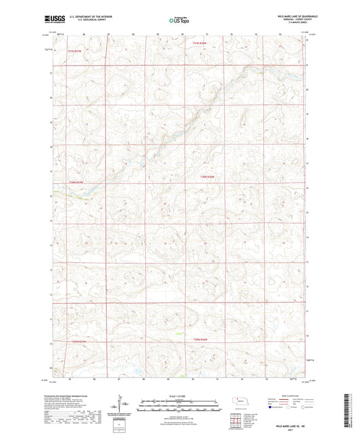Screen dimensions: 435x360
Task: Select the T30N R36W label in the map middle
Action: coord(207,177)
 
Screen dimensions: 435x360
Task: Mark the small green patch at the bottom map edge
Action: coord(180,374)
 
